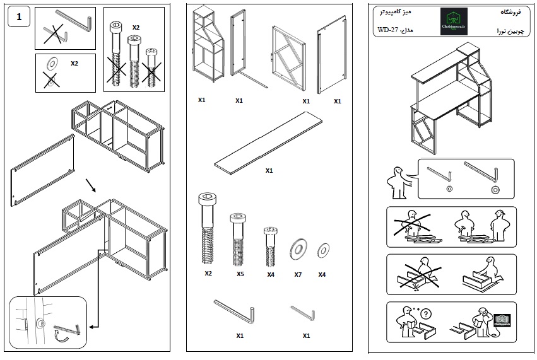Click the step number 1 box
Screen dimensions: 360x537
tap(19, 18)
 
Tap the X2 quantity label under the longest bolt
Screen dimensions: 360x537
tap(208, 274)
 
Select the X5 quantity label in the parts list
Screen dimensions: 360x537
tap(240, 274)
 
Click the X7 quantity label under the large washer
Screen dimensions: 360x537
tap(298, 274)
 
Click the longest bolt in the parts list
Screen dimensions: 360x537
tap(208, 229)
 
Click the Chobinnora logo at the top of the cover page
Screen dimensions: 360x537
tap(454, 22)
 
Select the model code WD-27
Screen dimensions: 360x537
tap(388, 30)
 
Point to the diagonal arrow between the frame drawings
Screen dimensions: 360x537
tap(92, 185)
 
